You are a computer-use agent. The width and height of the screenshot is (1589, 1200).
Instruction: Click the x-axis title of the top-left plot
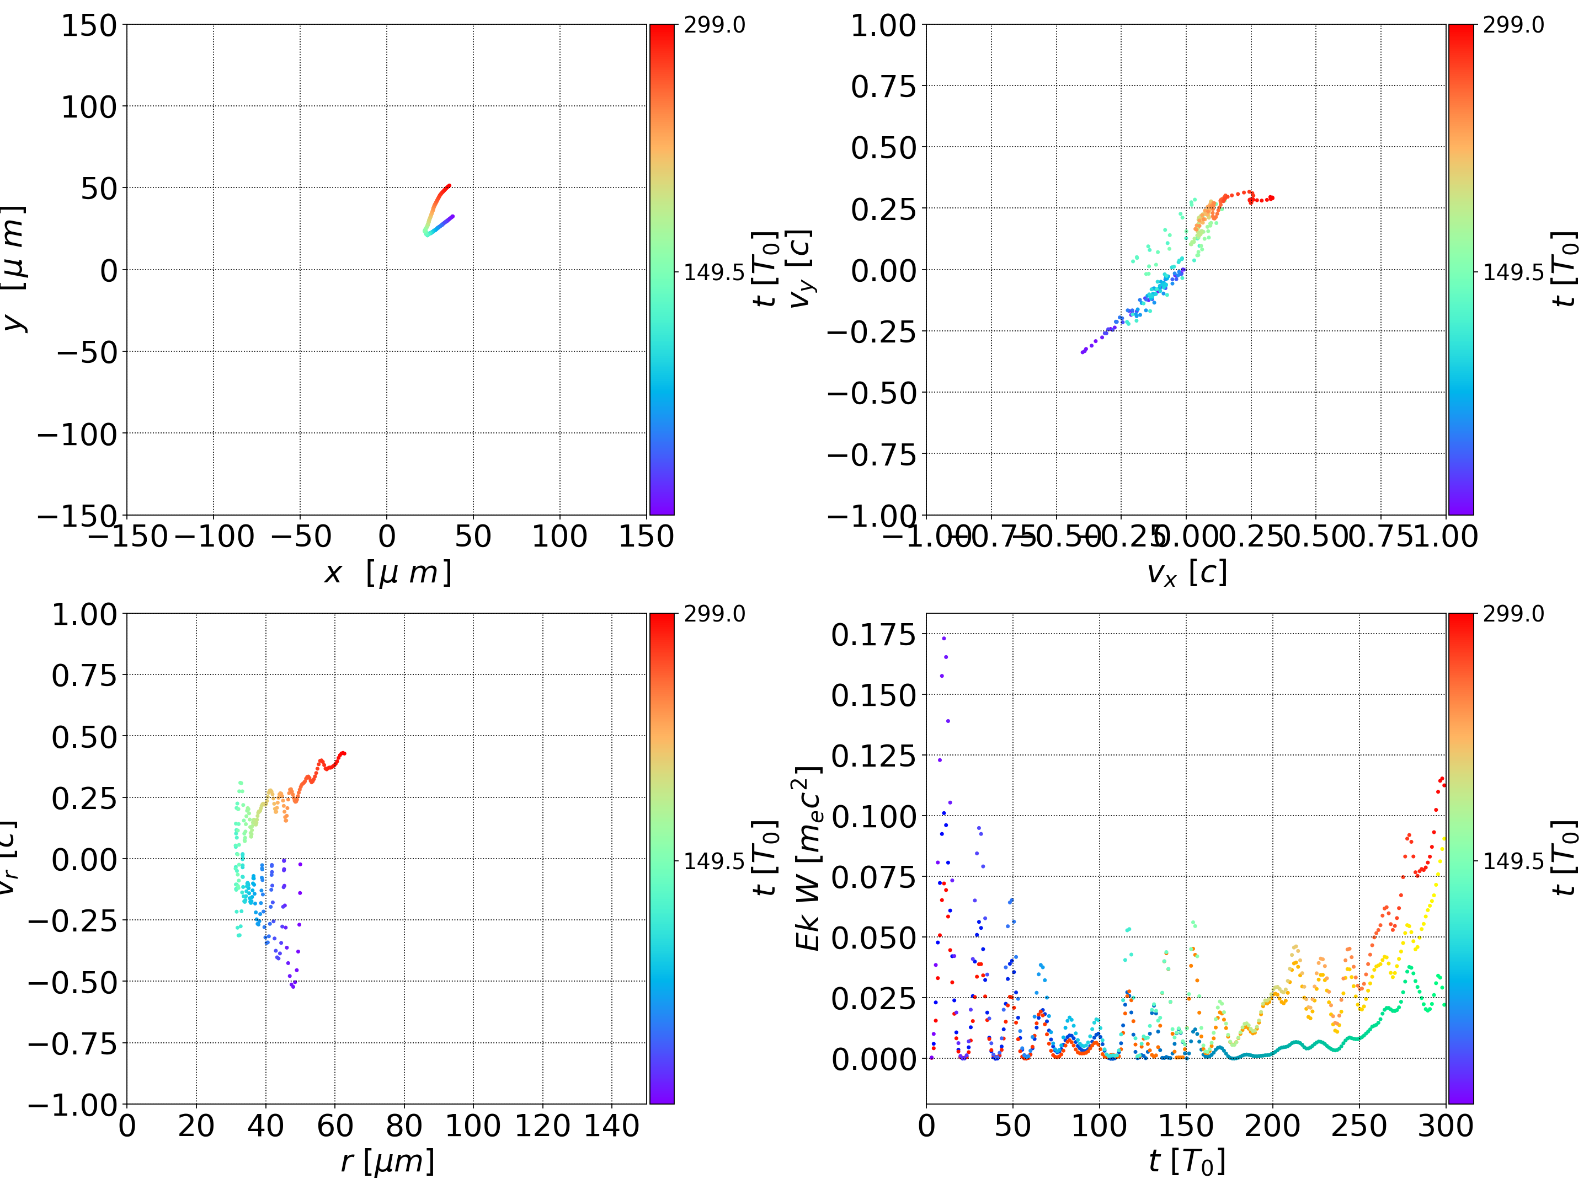(387, 573)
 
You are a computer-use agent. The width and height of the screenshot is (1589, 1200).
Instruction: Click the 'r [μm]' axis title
(387, 1161)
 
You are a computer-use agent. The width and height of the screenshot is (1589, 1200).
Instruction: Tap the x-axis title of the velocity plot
(1186, 573)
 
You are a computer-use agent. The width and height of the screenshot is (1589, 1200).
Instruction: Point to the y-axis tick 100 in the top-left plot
(88, 107)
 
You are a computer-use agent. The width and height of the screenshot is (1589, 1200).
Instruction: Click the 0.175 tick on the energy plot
(873, 635)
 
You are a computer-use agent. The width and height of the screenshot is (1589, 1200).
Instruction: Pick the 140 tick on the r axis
(611, 1126)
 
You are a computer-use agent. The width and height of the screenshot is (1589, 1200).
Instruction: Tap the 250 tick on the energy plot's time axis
(1358, 1126)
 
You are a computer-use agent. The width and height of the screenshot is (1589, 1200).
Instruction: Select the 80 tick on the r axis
(404, 1126)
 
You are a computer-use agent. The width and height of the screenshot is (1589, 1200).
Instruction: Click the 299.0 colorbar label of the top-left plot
(714, 25)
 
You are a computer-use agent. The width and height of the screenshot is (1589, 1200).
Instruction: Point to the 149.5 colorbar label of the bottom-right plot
(1513, 860)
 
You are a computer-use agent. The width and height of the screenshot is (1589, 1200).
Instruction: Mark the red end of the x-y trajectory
(449, 185)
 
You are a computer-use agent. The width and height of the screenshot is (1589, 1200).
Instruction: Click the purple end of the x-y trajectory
(452, 216)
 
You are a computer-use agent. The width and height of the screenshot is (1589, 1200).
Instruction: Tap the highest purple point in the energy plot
(944, 637)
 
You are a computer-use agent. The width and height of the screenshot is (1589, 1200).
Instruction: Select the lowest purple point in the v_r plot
(293, 987)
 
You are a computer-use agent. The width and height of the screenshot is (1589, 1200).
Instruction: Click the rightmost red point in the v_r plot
(344, 753)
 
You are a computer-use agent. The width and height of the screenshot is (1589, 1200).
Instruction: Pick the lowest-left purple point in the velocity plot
(1083, 352)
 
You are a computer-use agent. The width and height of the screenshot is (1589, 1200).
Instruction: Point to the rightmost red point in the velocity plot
(1272, 197)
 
